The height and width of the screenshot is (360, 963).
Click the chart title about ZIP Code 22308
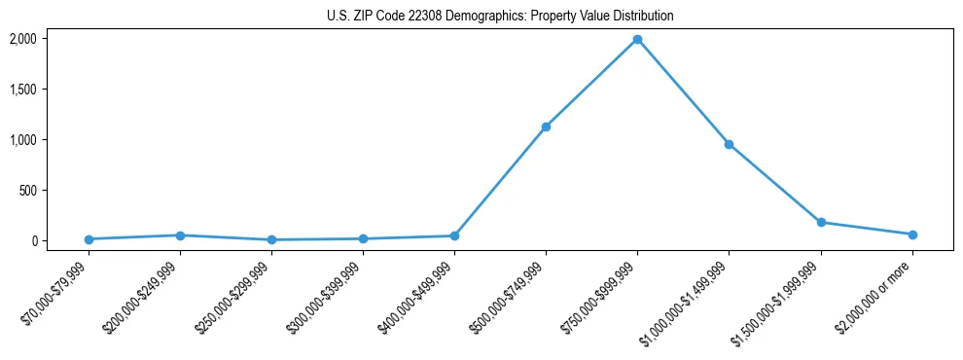point(500,17)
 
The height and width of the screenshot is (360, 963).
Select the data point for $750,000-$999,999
point(637,39)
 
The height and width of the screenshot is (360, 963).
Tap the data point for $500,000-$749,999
point(546,126)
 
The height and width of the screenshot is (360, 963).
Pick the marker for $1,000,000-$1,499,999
point(729,144)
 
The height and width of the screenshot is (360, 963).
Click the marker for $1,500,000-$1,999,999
point(821,222)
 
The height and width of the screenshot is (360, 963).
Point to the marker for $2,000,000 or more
point(912,234)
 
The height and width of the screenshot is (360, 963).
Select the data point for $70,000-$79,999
point(89,239)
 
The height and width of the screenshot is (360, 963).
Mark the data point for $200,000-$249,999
point(180,235)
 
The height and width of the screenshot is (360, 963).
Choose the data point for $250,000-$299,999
point(271,239)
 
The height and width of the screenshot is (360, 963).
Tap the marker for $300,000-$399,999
point(363,238)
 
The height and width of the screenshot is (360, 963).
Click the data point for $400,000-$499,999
point(454,235)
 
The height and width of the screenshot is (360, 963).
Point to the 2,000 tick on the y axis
point(21,39)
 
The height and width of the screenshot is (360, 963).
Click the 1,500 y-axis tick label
point(21,90)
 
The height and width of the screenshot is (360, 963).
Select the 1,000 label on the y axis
point(21,140)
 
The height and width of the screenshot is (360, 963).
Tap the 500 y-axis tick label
point(27,191)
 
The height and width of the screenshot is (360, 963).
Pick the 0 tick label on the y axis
point(33,241)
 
